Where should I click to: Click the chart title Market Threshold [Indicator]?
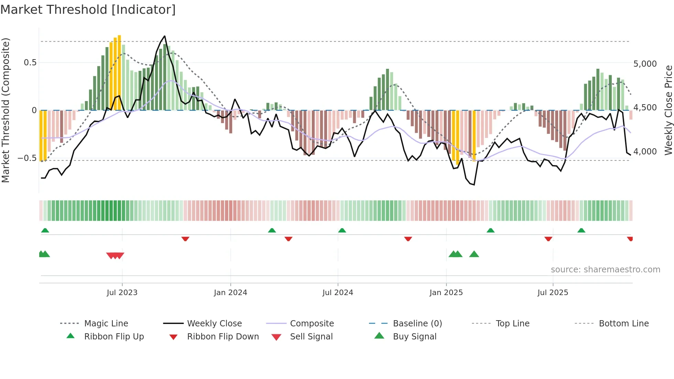point(88,10)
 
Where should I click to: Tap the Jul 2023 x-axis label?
point(122,293)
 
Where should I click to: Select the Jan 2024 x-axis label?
point(230,293)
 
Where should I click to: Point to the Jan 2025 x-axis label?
point(446,293)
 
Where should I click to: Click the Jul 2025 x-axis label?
point(553,293)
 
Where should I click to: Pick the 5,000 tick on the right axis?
point(645,64)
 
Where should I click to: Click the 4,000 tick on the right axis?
point(645,152)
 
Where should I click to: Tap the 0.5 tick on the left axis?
point(30,63)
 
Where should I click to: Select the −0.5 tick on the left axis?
point(27,158)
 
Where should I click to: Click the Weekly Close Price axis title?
point(668,110)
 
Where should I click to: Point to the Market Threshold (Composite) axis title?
point(6,110)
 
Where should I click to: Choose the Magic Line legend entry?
point(106,324)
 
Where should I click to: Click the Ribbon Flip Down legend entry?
point(223,337)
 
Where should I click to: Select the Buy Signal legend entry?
point(414,337)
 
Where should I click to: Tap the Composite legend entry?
point(312,324)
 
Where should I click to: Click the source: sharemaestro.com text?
point(605,270)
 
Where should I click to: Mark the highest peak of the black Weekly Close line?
point(165,36)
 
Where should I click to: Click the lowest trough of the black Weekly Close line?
point(474,185)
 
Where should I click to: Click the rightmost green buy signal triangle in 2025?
point(474,254)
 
